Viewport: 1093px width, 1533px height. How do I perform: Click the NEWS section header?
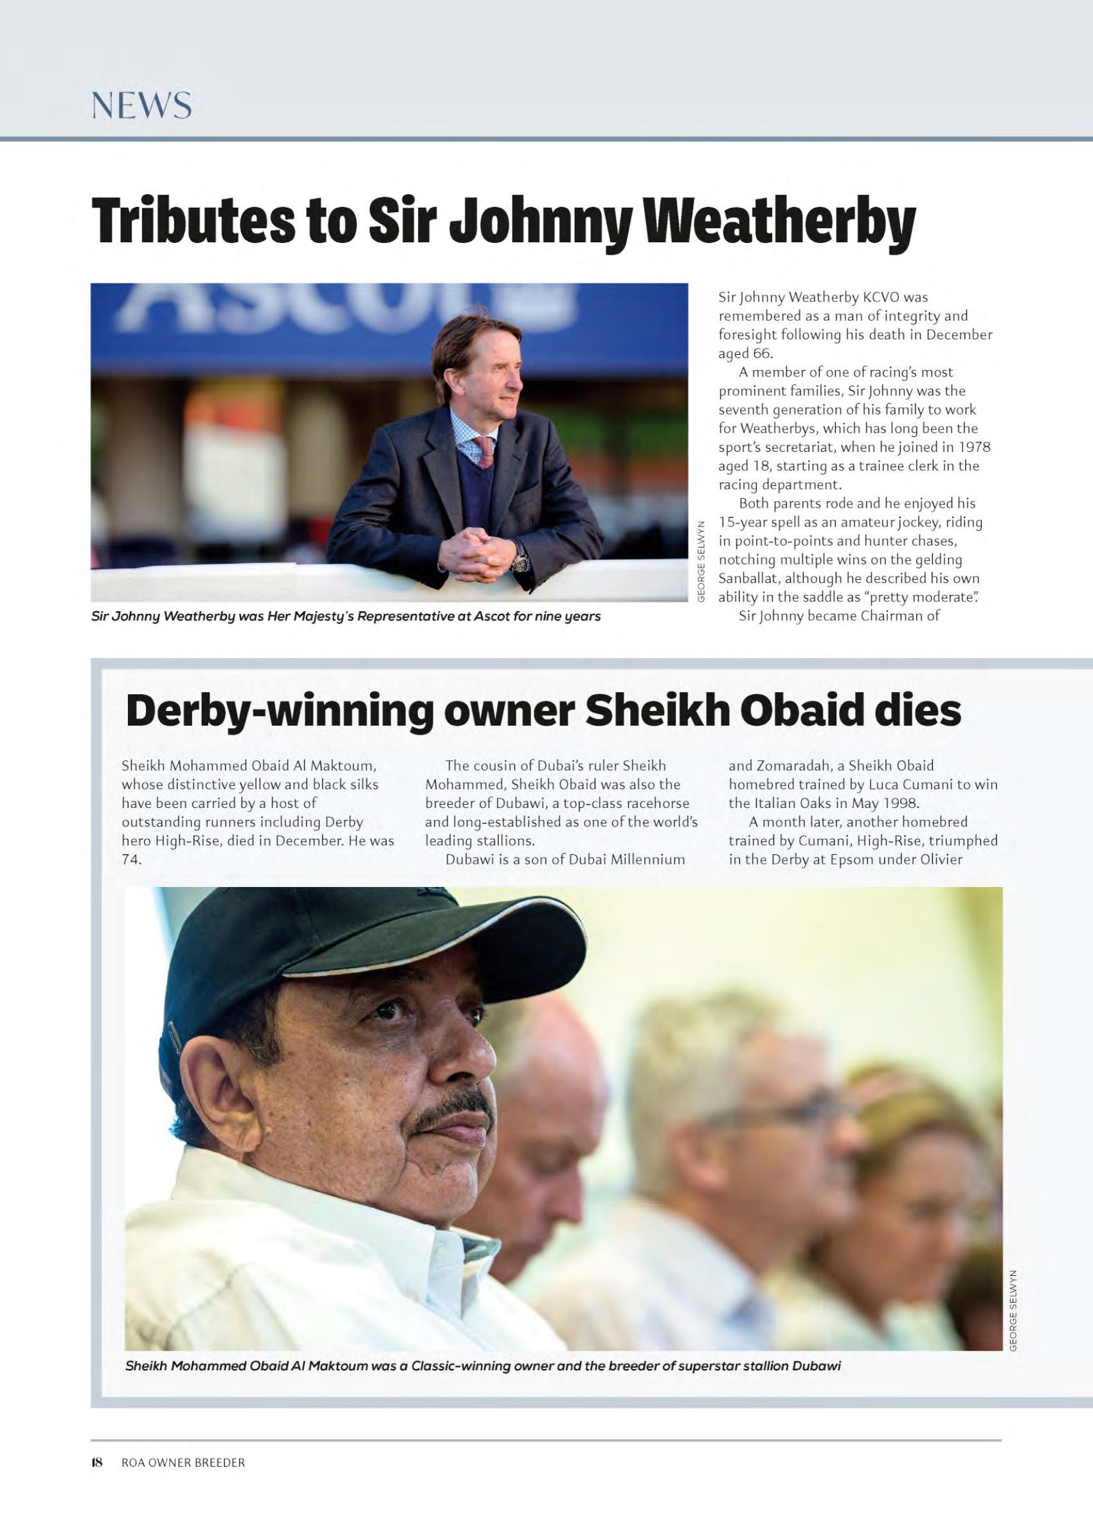pyautogui.click(x=141, y=106)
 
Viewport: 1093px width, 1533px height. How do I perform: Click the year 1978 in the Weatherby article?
pyautogui.click(x=976, y=447)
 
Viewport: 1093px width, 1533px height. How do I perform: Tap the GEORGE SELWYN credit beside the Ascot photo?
pyautogui.click(x=700, y=562)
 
